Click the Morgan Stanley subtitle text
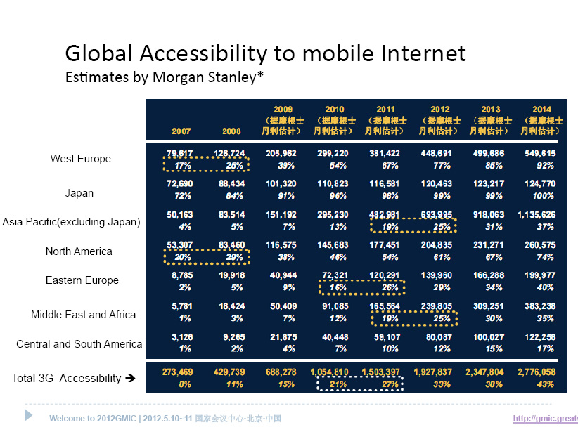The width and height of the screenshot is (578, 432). click(x=165, y=77)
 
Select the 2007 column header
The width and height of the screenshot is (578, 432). click(x=181, y=131)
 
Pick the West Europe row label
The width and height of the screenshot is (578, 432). click(x=80, y=159)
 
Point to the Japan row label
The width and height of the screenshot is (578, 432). click(x=79, y=193)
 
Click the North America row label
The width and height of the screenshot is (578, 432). click(x=79, y=251)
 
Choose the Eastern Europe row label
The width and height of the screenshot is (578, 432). click(x=82, y=280)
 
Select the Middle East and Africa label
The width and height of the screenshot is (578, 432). click(x=83, y=315)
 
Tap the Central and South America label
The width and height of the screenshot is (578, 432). click(x=79, y=344)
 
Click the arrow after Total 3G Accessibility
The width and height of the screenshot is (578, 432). click(x=129, y=379)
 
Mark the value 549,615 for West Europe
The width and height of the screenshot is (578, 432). click(x=540, y=153)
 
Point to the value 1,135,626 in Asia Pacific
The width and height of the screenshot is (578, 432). click(x=539, y=215)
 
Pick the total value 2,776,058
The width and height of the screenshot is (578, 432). click(x=539, y=372)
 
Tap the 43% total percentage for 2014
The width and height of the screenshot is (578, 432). click(x=544, y=384)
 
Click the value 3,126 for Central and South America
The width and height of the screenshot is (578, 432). click(x=180, y=337)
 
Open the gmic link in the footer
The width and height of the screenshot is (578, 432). click(x=545, y=419)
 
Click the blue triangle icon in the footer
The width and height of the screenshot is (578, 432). click(x=29, y=415)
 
